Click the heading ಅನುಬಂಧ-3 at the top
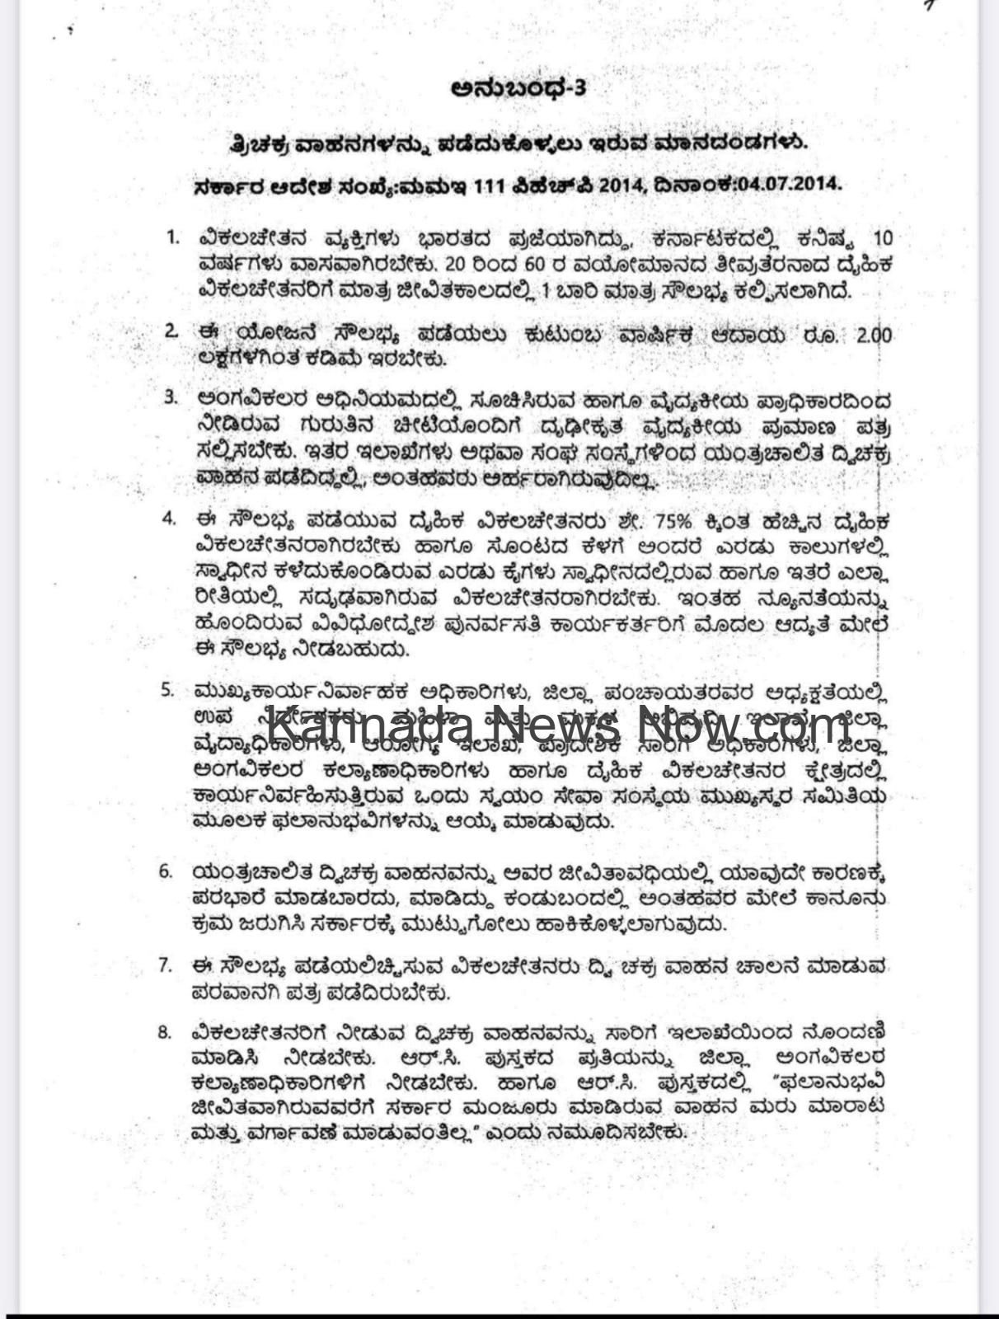(x=518, y=87)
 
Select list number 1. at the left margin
(x=172, y=238)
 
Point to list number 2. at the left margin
(x=171, y=331)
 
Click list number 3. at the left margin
(x=171, y=397)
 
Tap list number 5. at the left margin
(x=167, y=688)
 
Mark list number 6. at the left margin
(x=166, y=871)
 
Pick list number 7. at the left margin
(x=166, y=964)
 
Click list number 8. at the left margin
(x=165, y=1031)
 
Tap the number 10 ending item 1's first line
(x=881, y=239)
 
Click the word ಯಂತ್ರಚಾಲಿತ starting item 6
(x=246, y=871)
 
